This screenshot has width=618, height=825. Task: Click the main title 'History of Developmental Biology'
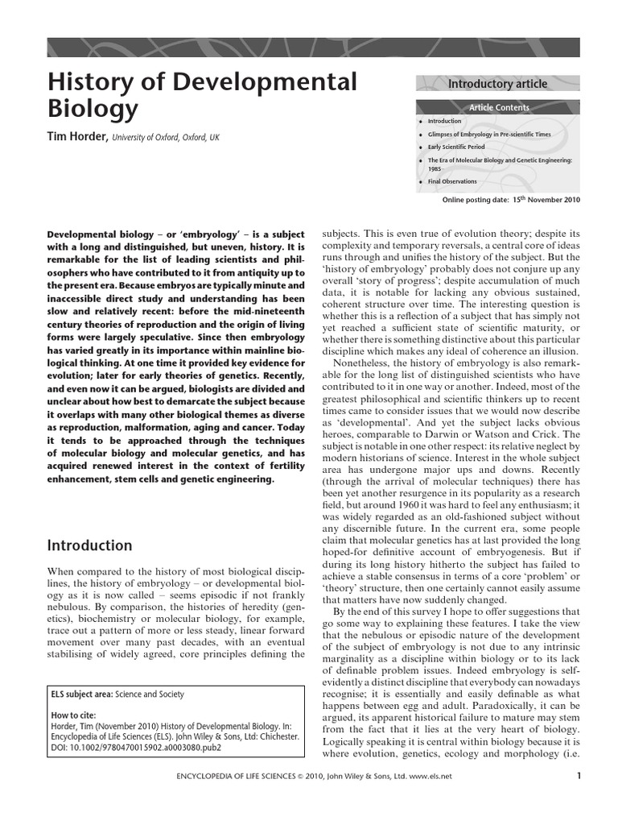click(203, 94)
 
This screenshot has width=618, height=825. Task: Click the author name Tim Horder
click(79, 138)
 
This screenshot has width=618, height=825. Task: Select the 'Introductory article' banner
click(497, 84)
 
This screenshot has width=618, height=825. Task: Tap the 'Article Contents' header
click(499, 107)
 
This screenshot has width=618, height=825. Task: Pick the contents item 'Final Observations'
click(452, 181)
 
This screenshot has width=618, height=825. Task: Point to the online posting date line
click(511, 199)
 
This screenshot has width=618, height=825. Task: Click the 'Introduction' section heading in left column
click(89, 545)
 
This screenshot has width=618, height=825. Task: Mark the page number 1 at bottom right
click(579, 777)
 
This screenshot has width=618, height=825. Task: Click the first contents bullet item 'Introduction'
click(444, 121)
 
